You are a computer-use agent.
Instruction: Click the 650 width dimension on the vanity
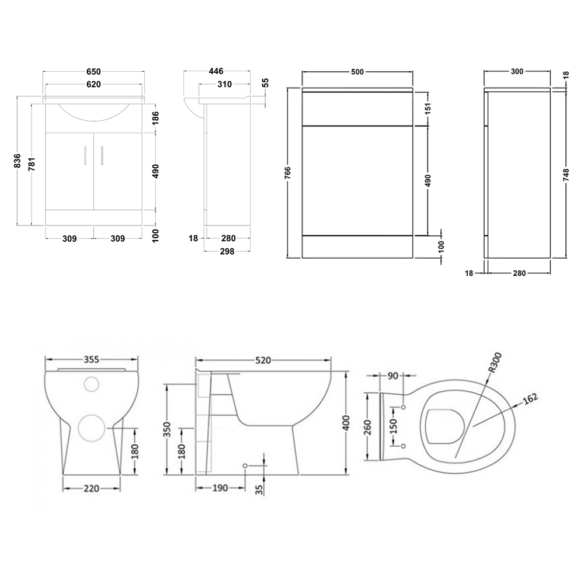pyautogui.click(x=93, y=72)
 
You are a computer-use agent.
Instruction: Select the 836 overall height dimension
pyautogui.click(x=18, y=161)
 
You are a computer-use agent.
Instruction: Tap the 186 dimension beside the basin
pyautogui.click(x=157, y=119)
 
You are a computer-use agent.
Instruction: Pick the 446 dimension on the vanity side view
pyautogui.click(x=215, y=71)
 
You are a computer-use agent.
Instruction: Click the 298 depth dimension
pyautogui.click(x=227, y=252)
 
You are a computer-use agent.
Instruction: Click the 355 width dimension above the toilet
pyautogui.click(x=92, y=359)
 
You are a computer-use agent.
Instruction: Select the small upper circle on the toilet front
pyautogui.click(x=92, y=384)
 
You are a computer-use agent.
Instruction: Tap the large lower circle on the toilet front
pyautogui.click(x=91, y=429)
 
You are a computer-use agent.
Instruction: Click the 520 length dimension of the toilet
pyautogui.click(x=263, y=360)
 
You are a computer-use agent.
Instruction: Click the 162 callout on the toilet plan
pyautogui.click(x=529, y=399)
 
